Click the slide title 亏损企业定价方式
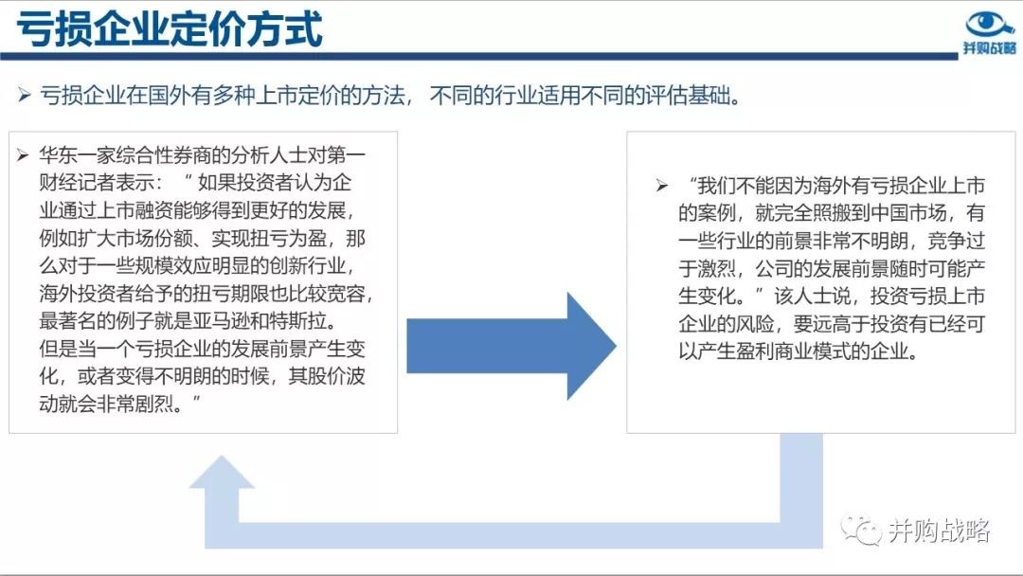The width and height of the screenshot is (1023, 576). tap(170, 28)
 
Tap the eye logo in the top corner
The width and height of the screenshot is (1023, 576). tap(989, 24)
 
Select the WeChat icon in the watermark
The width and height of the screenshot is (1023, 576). tap(860, 531)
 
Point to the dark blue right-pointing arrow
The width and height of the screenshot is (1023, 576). tap(511, 346)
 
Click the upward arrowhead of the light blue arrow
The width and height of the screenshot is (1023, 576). tap(221, 472)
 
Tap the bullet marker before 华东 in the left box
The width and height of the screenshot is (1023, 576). tap(24, 155)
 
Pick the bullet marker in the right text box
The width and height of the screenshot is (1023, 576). tap(662, 186)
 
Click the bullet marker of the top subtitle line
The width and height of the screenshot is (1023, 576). tap(24, 96)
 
